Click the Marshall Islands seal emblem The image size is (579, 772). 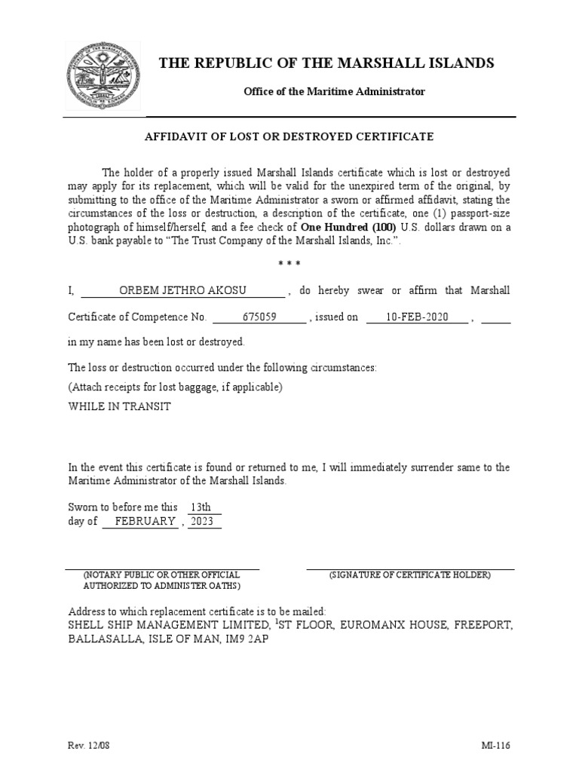coord(103,76)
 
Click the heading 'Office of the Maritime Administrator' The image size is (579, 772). coord(333,91)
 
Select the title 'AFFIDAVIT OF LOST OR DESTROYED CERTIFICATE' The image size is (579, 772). coord(289,136)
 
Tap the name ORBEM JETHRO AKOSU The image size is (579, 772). coord(182,292)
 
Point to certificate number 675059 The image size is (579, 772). coord(259,317)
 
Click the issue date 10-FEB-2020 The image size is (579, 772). coord(417,317)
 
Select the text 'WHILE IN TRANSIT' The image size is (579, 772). coord(119,406)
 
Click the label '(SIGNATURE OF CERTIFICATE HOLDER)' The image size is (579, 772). coord(409,575)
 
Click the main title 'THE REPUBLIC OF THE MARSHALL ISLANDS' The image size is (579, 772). coord(326,63)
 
